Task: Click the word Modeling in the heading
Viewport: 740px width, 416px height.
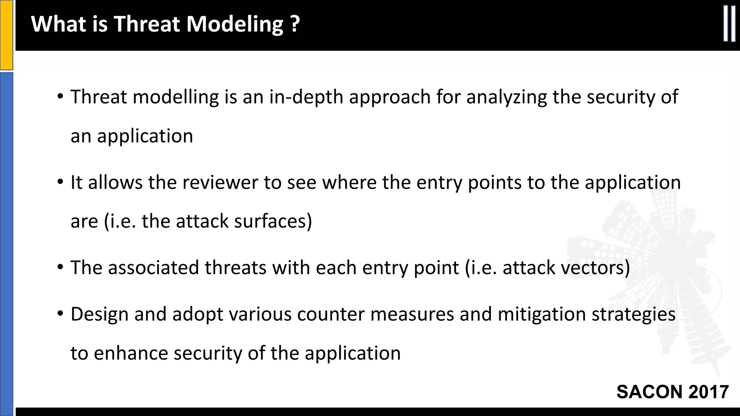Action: (235, 25)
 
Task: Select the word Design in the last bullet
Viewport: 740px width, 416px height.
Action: (99, 315)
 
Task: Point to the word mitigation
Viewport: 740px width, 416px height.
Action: (541, 315)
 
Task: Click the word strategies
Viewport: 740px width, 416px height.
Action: (633, 315)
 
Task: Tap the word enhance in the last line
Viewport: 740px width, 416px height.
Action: (131, 353)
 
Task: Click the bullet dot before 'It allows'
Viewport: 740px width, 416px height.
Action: (60, 182)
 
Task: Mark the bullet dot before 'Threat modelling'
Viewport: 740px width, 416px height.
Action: (60, 97)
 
